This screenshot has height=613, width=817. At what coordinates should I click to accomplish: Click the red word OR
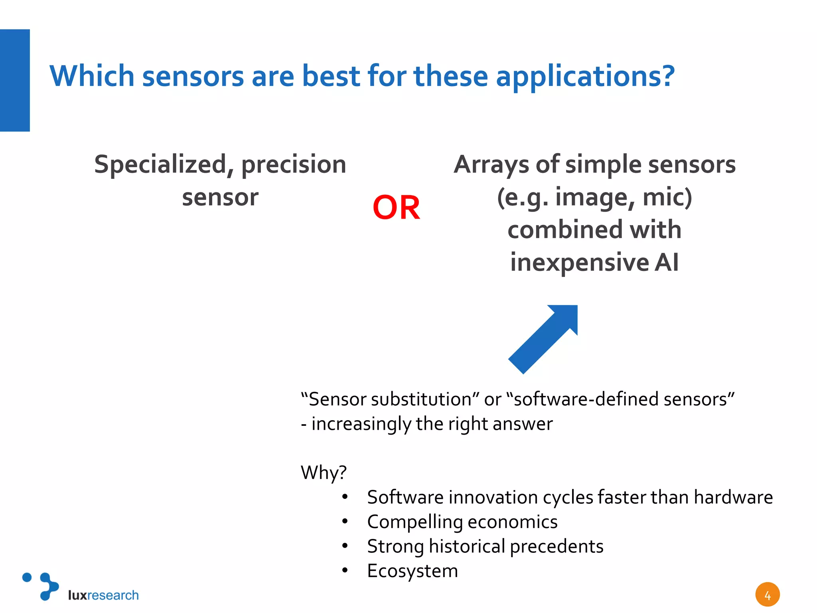pos(396,208)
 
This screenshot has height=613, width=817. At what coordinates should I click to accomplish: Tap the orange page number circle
pos(767,595)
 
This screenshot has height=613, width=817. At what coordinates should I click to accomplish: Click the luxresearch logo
pos(80,587)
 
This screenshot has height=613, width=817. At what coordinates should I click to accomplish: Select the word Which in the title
pos(92,76)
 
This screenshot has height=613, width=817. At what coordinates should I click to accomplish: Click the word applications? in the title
pos(585,76)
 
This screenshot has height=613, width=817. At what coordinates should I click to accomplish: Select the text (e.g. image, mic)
pos(594,197)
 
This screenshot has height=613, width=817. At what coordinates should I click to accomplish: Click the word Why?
pos(324,473)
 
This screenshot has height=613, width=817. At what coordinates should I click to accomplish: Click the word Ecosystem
pos(412,571)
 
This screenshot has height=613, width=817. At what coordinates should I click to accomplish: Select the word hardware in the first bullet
pos(733,497)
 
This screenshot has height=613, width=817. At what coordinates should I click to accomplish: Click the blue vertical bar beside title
pos(15,80)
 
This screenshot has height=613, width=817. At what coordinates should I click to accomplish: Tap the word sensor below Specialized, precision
pos(220,197)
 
